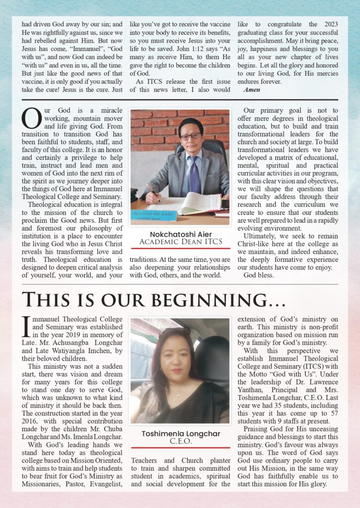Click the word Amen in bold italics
point(252,90)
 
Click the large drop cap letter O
point(31,119)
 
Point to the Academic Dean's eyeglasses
point(191,136)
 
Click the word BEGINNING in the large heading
point(216,299)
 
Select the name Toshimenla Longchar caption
point(180,434)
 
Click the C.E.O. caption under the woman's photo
point(180,441)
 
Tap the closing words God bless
point(258,275)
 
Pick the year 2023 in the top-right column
point(330,23)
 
